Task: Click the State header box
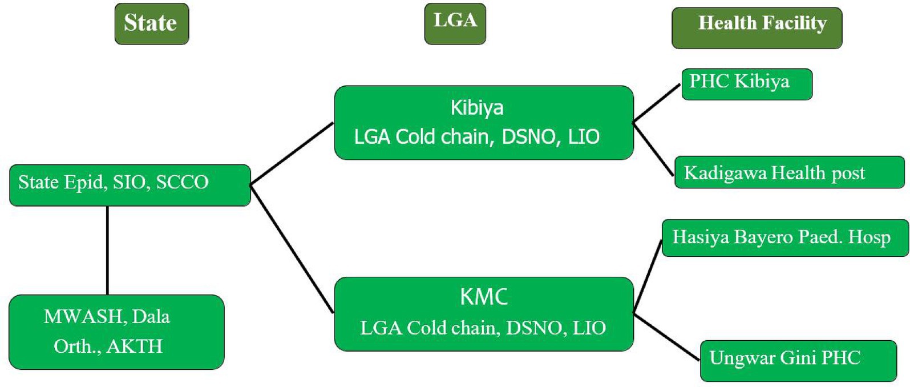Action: pos(151,23)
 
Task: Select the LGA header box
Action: pos(455,23)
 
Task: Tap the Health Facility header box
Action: pos(757,27)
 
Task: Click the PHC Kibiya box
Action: pos(746,84)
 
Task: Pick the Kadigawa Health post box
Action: pos(790,172)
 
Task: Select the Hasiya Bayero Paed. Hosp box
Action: pos(784,237)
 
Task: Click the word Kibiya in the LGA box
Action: pos(477,108)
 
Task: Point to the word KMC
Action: pos(484,297)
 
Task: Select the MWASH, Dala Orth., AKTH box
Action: pos(116,332)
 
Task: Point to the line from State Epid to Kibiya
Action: pos(292,153)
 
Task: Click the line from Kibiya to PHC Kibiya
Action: pos(657,103)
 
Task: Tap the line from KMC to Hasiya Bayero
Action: pos(648,275)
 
